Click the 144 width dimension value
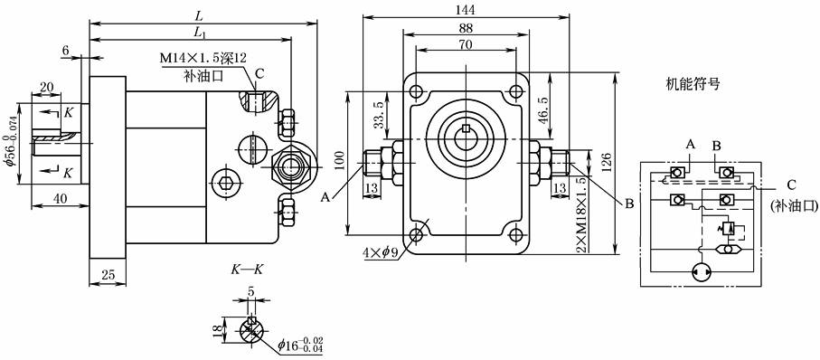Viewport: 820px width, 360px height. (x=466, y=9)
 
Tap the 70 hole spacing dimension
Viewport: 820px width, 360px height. (x=466, y=44)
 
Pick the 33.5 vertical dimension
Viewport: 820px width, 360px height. (x=380, y=116)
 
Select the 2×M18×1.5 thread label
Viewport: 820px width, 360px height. (x=580, y=214)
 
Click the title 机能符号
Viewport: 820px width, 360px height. (x=693, y=84)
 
